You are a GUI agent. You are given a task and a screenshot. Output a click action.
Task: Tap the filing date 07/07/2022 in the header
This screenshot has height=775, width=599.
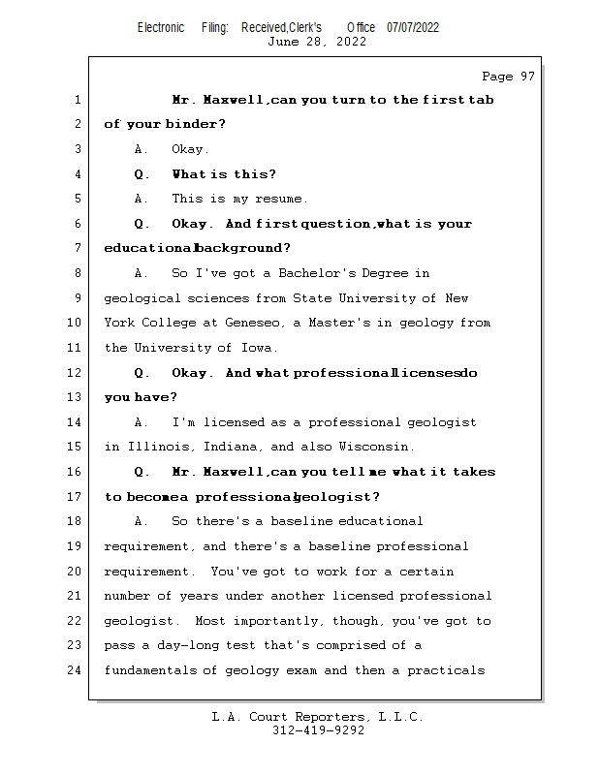(x=413, y=27)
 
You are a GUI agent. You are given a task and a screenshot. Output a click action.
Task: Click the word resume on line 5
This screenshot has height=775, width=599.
(x=281, y=199)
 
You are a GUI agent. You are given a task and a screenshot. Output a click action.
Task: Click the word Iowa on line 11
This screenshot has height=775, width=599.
(x=258, y=348)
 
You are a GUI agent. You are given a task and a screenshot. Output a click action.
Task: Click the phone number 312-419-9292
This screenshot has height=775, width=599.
(x=318, y=730)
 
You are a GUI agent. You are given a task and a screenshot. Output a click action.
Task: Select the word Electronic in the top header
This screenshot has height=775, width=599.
(x=161, y=27)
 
